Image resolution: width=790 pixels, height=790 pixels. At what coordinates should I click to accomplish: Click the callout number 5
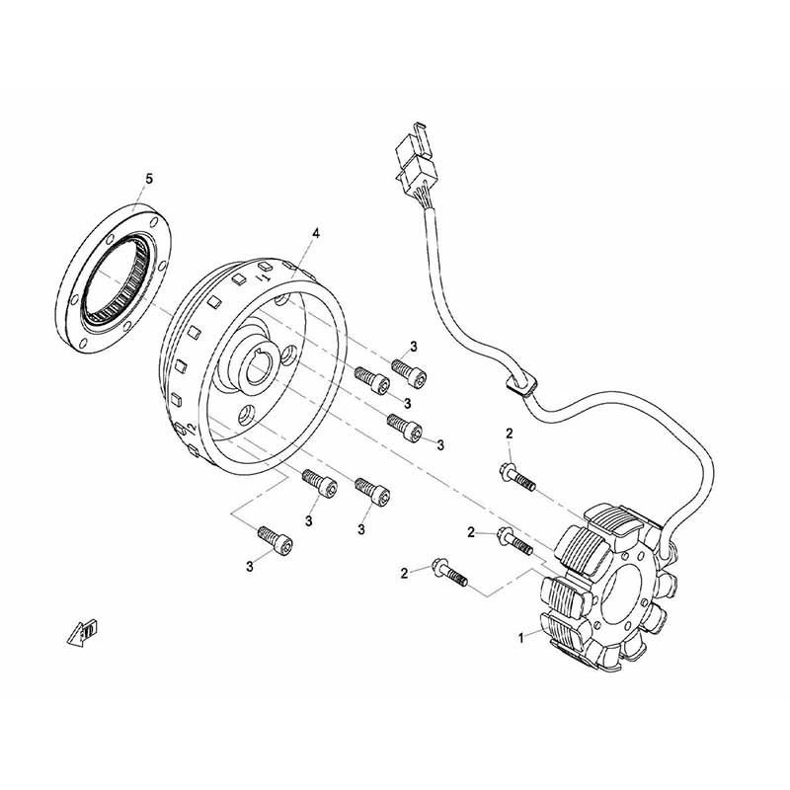(149, 179)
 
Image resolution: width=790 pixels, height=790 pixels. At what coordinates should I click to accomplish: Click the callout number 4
(316, 233)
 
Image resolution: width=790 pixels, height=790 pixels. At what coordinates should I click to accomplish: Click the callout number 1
(521, 637)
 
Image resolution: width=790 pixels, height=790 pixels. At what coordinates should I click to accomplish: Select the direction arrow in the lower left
(83, 631)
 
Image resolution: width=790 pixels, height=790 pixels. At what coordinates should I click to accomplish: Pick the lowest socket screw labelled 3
(276, 541)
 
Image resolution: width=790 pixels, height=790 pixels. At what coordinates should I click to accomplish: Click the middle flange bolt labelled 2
(514, 539)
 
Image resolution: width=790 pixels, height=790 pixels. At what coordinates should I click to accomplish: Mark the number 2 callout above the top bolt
(510, 433)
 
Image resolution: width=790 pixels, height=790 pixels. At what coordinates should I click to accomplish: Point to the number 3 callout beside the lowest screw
(250, 566)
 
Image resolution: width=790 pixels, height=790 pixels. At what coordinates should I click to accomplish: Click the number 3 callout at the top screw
(414, 347)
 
